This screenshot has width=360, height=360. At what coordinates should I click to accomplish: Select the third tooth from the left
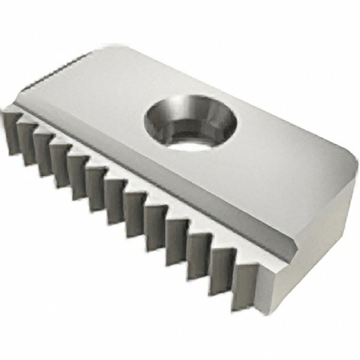[42, 154]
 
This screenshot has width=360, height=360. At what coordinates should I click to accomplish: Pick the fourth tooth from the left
[58, 165]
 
